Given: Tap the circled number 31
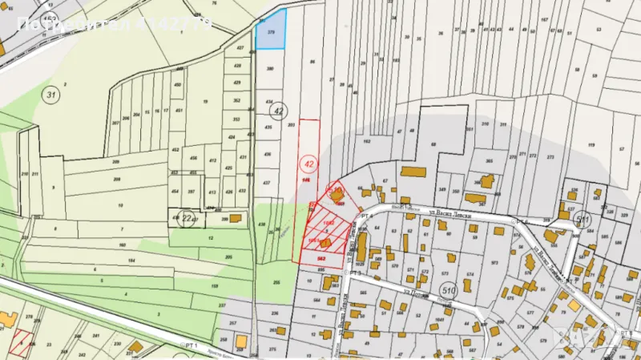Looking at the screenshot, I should [52, 95].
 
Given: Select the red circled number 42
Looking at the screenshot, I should [308, 163].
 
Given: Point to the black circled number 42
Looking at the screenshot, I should [278, 111].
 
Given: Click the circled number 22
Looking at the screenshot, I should [186, 217].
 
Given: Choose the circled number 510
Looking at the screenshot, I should [449, 290].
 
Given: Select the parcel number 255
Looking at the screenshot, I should [276, 283].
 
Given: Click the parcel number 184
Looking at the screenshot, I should [132, 261].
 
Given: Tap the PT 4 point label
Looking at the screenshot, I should [369, 216].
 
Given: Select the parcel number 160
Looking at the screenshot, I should [122, 245].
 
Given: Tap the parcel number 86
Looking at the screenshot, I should [312, 62].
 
